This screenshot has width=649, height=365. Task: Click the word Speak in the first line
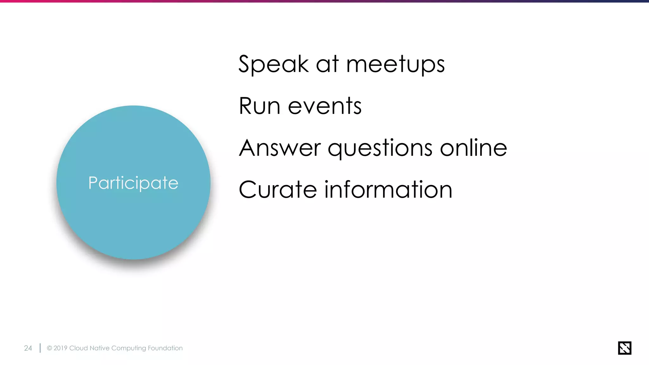pos(273,64)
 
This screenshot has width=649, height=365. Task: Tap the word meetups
pos(395,64)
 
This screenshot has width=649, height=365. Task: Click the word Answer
pos(280,148)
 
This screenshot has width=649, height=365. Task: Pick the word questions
pos(380,148)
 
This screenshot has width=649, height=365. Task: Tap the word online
pos(473,148)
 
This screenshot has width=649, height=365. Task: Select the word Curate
pos(278,189)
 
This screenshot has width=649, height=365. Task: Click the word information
pos(388,189)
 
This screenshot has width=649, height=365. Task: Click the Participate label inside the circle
pos(133,183)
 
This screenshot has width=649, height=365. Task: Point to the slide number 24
pos(28,348)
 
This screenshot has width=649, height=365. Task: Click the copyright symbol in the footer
pos(49,348)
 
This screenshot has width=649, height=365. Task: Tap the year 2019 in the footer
pos(61,348)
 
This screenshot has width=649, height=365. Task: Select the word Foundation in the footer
pos(165,348)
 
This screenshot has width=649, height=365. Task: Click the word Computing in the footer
pos(129,348)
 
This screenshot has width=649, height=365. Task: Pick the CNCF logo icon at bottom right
pos(624,348)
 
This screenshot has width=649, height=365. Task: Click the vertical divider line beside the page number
pos(40,348)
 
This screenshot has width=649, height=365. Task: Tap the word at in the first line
pos(327,64)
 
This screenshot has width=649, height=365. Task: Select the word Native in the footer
pos(100,348)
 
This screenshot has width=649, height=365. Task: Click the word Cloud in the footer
pos(78,348)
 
